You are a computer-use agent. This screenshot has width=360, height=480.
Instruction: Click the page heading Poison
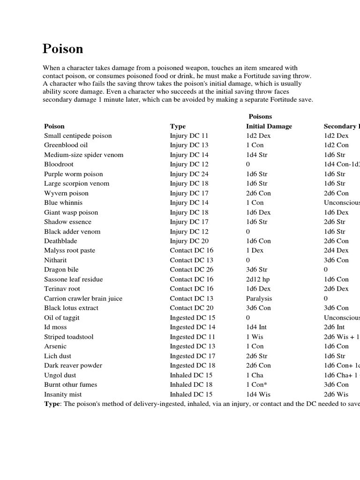63,49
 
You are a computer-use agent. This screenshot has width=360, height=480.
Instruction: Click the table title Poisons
260,116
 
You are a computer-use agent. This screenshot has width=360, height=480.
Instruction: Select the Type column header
178,126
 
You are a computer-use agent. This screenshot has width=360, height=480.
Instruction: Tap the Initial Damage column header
269,126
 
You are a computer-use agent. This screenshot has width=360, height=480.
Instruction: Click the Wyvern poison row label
66,193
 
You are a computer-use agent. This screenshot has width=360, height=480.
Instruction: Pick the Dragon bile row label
61,270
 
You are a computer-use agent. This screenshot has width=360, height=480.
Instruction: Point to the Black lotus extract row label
71,308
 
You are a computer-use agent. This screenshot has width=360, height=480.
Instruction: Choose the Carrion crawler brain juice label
83,298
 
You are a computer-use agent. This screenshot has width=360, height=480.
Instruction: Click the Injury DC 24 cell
189,174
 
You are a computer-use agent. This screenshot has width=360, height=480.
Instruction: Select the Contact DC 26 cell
191,270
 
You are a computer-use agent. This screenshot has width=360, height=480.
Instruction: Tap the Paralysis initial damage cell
259,298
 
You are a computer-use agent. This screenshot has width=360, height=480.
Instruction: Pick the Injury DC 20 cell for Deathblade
189,241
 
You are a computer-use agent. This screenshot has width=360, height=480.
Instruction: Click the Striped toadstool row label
69,337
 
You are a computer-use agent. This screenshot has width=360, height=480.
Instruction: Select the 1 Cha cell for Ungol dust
255,375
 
